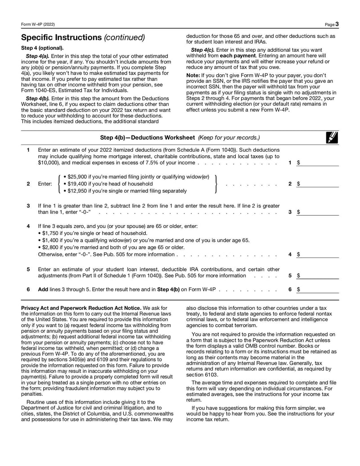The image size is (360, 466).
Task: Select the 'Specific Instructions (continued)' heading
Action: click(x=83, y=37)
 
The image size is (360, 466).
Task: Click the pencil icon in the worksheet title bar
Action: click(x=333, y=137)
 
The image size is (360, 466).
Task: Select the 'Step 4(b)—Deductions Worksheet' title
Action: click(x=147, y=137)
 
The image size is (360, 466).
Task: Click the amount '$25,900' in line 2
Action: click(x=77, y=177)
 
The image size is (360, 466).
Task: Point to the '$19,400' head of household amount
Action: click(x=77, y=184)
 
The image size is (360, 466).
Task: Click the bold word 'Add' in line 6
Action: click(x=44, y=290)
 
